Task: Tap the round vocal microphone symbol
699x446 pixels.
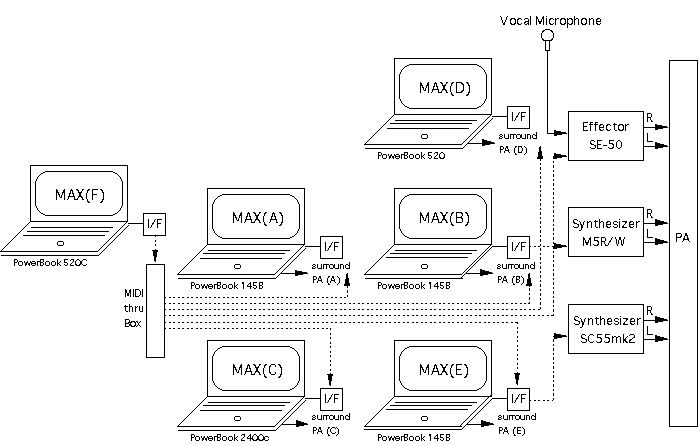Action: (546, 39)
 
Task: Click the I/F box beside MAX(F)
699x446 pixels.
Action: (155, 224)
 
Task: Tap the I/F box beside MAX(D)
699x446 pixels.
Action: (518, 117)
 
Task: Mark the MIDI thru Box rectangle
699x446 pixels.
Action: (155, 310)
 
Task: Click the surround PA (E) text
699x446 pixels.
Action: (517, 423)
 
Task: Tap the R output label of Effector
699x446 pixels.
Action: (650, 117)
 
